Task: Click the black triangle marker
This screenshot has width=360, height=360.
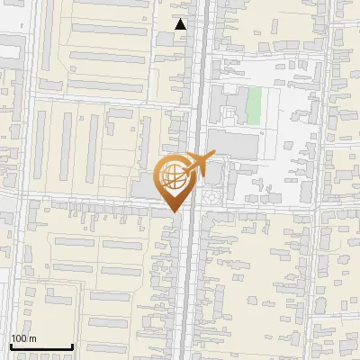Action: (x=181, y=24)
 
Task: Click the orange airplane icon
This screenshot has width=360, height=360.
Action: (x=194, y=165)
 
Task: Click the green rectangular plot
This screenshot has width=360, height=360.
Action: (x=254, y=105)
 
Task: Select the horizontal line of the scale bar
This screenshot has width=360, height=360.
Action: (x=41, y=347)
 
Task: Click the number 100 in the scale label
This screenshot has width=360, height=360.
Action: (x=20, y=338)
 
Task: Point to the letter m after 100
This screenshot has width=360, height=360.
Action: (x=32, y=339)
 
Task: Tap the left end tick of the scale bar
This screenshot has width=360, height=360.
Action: (x=11, y=346)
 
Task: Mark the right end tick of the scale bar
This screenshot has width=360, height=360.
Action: (x=72, y=346)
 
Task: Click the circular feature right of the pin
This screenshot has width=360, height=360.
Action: (x=211, y=193)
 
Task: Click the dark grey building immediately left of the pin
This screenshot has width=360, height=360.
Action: (x=146, y=185)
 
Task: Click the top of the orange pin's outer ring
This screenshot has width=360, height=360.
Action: (x=175, y=158)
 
